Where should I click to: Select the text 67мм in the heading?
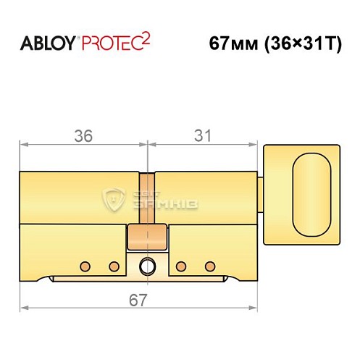(x=227, y=43)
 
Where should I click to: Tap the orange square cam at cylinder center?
(x=148, y=237)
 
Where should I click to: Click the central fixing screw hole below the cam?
(x=148, y=266)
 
